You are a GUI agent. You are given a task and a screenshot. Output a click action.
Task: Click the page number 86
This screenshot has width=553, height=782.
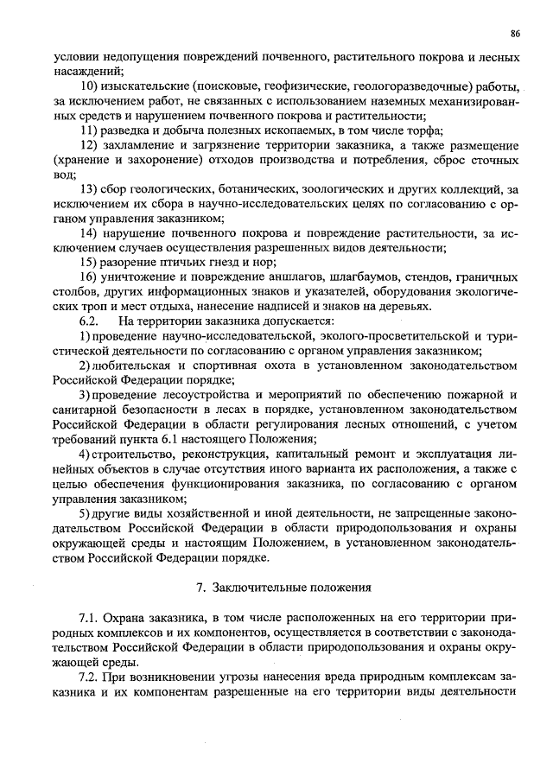515,34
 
